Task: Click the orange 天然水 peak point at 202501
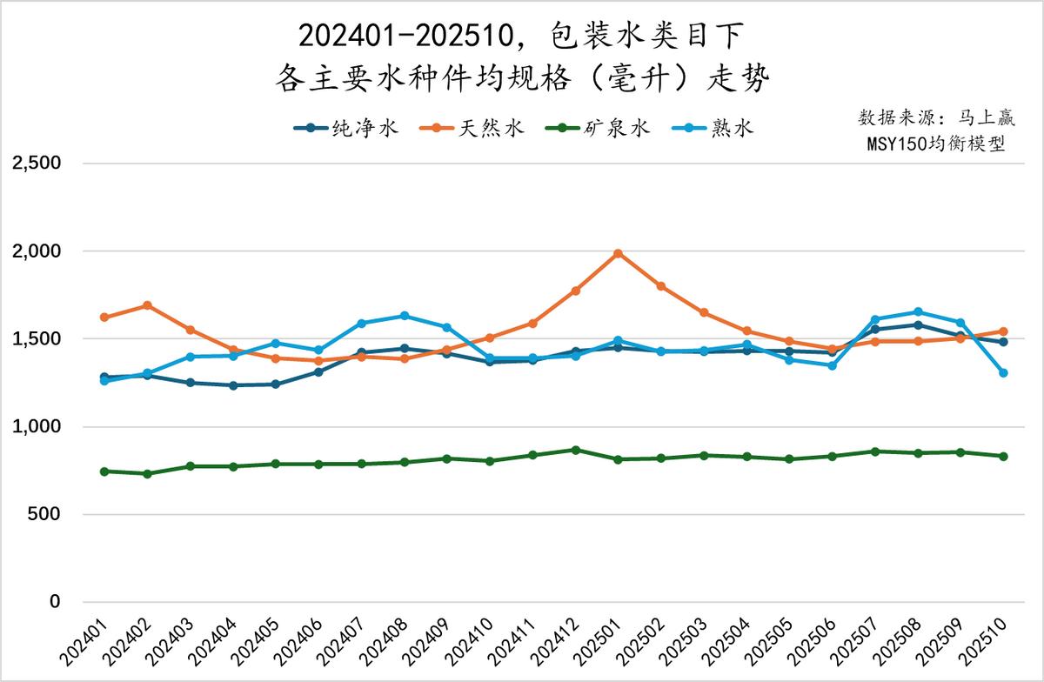pos(618,253)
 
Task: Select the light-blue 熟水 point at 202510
pos(1003,372)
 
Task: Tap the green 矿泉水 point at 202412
pos(575,450)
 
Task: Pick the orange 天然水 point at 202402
pos(147,305)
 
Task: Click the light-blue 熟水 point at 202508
pos(918,311)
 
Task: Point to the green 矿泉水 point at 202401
pos(104,471)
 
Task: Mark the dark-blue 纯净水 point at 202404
pos(233,385)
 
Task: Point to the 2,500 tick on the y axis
pos(35,164)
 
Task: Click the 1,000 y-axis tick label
pos(35,427)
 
